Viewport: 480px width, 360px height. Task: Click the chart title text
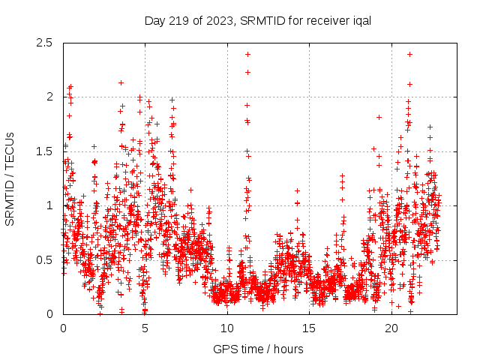pos(258,20)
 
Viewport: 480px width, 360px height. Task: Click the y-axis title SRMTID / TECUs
pos(10,178)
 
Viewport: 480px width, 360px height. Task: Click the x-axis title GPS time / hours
pos(258,349)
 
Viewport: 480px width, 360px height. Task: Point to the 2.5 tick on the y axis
pos(47,43)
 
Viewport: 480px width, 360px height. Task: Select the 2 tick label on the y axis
pos(52,97)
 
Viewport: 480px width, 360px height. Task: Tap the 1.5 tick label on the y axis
pos(47,151)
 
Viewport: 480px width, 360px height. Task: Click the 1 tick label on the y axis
pos(52,205)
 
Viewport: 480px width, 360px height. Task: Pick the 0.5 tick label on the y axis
pos(47,260)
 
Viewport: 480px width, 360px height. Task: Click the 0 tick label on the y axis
pos(52,314)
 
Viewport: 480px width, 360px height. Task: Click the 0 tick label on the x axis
pos(63,328)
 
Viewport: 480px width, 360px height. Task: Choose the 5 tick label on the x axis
pos(145,328)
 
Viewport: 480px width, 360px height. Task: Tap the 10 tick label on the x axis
pos(227,328)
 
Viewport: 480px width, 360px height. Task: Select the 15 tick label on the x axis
pos(310,328)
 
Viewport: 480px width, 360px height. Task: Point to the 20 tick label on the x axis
pos(391,328)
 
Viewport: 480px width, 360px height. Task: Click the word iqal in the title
pos(361,20)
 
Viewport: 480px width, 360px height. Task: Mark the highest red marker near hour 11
pos(247,54)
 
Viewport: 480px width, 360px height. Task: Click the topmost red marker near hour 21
pos(409,54)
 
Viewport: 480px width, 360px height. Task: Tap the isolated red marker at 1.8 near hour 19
pos(379,117)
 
